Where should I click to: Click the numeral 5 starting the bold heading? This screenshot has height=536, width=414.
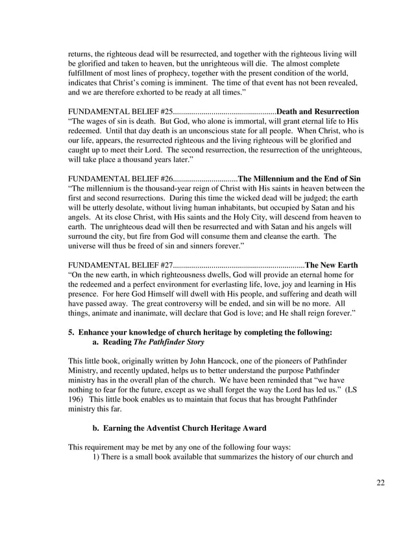pyautogui.click(x=71, y=332)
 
